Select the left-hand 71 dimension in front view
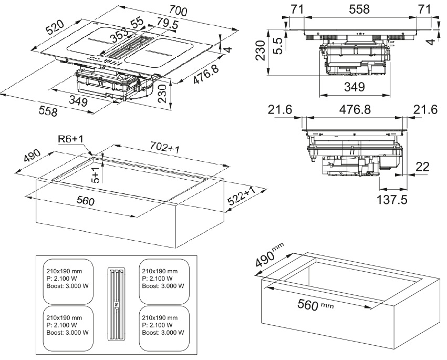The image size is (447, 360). point(297,10)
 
